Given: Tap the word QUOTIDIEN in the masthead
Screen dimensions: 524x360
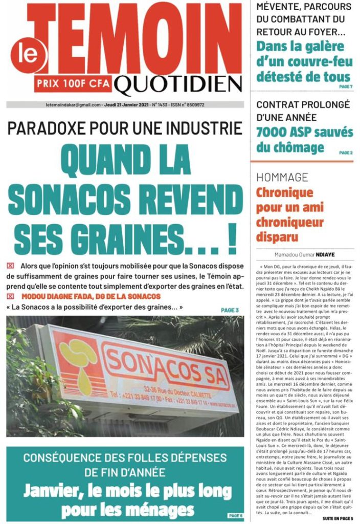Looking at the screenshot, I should [x=178, y=83].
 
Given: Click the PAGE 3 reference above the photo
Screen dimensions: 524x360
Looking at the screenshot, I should [x=230, y=310].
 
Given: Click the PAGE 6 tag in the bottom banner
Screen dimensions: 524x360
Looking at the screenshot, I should [x=235, y=515].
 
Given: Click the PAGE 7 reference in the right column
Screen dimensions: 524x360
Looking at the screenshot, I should [x=346, y=86].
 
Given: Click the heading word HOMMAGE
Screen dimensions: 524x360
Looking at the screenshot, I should [x=282, y=178].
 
